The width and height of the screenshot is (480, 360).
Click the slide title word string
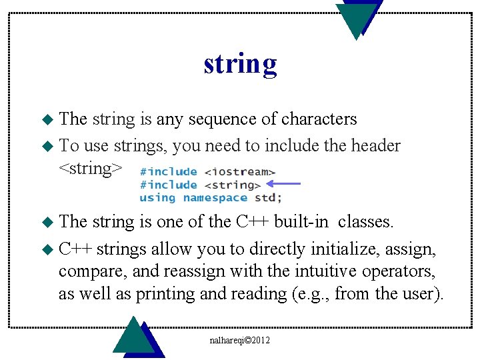240,65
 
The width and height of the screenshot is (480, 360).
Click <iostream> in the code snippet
239,171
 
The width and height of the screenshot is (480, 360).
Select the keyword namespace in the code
215,197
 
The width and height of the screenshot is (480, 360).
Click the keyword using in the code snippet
158,197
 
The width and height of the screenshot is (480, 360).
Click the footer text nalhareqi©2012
239,340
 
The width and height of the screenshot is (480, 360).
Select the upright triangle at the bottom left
135,337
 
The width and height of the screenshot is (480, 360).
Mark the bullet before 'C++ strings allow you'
46,250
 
